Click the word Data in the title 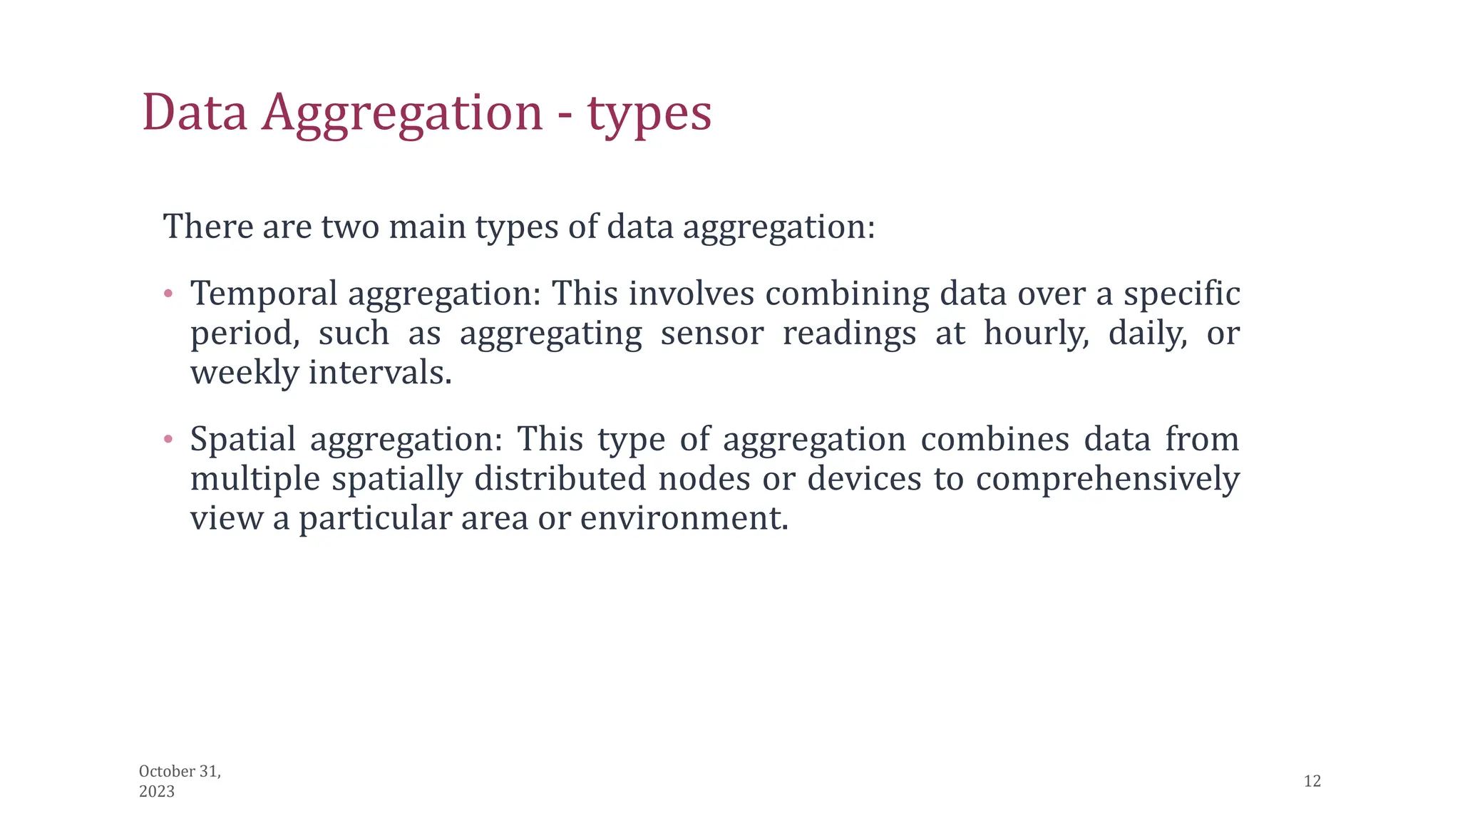pyautogui.click(x=195, y=113)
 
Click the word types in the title pyautogui.click(x=649, y=114)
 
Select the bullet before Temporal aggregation pyautogui.click(x=168, y=293)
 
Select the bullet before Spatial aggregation pyautogui.click(x=168, y=439)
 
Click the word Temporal pyautogui.click(x=264, y=294)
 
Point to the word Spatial pyautogui.click(x=242, y=440)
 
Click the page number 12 pyautogui.click(x=1312, y=781)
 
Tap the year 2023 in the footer pyautogui.click(x=157, y=792)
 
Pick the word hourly pyautogui.click(x=1036, y=334)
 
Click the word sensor pyautogui.click(x=711, y=334)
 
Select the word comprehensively pyautogui.click(x=1107, y=479)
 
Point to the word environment pyautogui.click(x=684, y=518)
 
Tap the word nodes pyautogui.click(x=704, y=479)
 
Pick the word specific pyautogui.click(x=1181, y=294)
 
